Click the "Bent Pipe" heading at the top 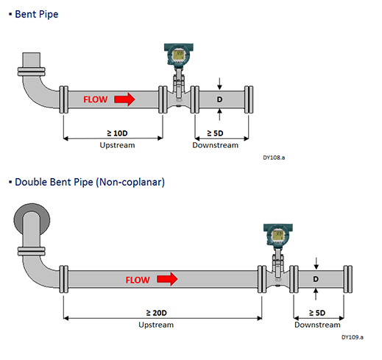pos(37,14)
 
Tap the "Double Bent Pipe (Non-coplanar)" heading pos(90,182)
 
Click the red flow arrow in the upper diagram pos(124,99)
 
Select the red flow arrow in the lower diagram pos(167,279)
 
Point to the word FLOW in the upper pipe pos(96,99)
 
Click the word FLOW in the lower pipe pos(138,280)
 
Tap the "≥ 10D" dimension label pos(117,133)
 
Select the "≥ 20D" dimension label pos(157,313)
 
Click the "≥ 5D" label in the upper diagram pos(215,133)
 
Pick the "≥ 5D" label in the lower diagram pos(317,313)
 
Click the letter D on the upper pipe pos(219,99)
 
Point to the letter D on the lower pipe pos(316,279)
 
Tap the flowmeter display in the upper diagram pos(178,55)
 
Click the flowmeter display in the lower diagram pos(278,235)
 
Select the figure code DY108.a pos(274,158)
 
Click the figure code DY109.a pos(353,337)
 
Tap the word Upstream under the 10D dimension pos(117,145)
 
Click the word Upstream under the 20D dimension pos(156,325)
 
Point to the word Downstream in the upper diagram pos(216,145)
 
